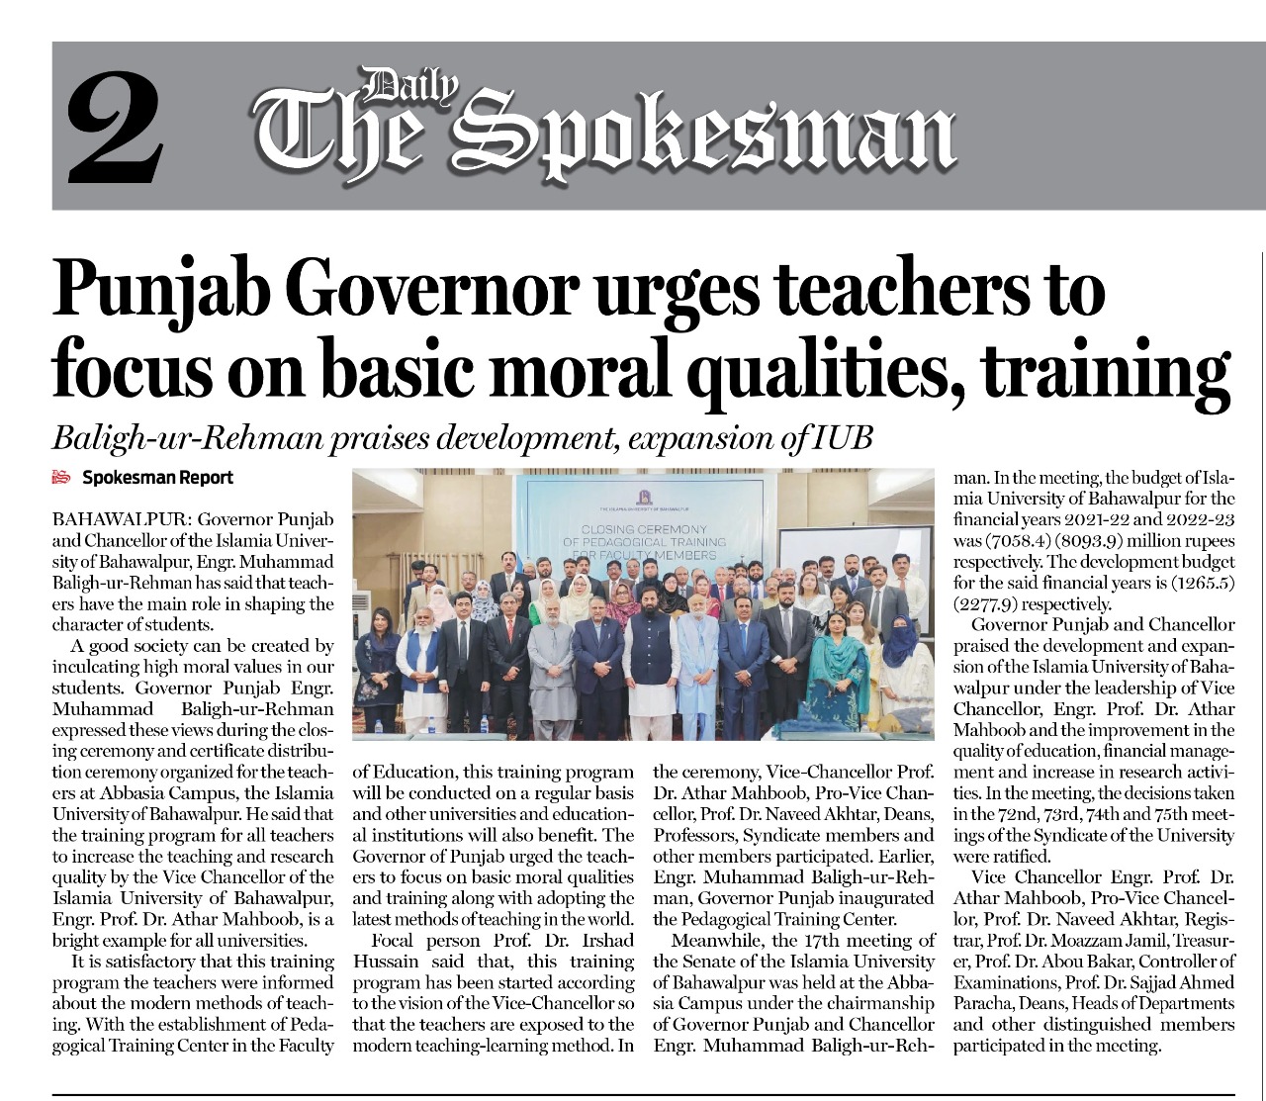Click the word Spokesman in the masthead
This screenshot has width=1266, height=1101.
pyautogui.click(x=718, y=136)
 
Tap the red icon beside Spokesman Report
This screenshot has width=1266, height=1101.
pyautogui.click(x=62, y=478)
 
